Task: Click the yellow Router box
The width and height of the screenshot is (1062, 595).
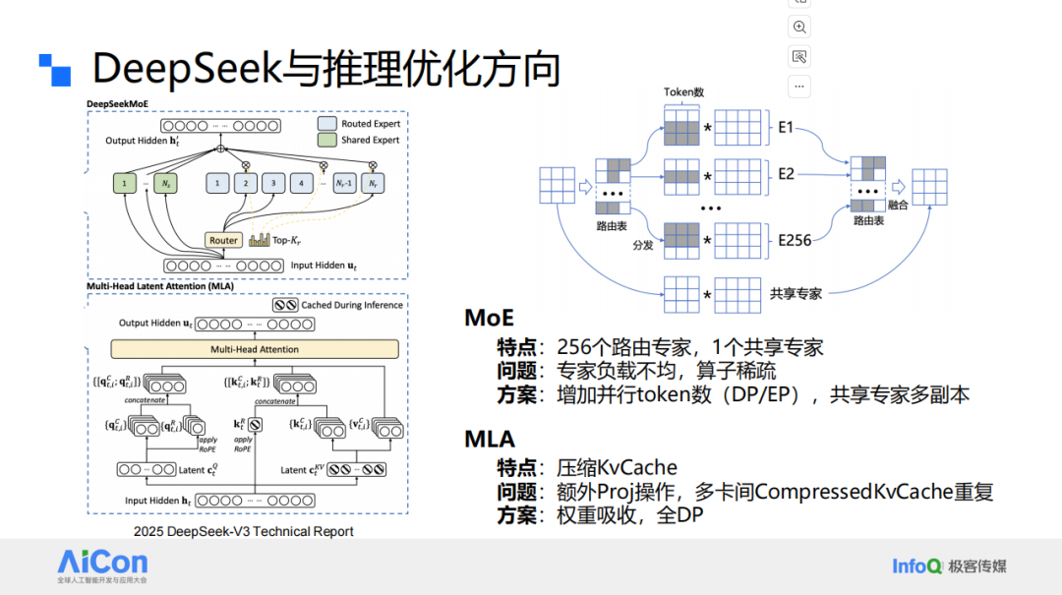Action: coord(223,240)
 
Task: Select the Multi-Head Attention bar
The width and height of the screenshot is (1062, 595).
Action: coord(255,349)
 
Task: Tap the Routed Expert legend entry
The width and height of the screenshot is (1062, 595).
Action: coord(360,125)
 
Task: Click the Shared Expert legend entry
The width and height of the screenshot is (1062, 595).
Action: coord(360,141)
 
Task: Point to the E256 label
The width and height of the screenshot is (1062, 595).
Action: coord(795,240)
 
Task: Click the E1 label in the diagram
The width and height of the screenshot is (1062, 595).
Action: coord(786,128)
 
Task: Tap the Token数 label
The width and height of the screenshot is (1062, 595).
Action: coord(683,92)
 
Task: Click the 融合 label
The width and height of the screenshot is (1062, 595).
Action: coord(898,206)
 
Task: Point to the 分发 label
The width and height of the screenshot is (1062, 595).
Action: coord(643,246)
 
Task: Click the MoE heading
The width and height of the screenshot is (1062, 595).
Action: coord(489,319)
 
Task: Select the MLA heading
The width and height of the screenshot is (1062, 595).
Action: coord(490,440)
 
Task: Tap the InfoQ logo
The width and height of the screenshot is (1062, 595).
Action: coord(916,565)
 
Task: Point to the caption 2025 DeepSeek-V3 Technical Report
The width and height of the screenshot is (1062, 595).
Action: coord(244,531)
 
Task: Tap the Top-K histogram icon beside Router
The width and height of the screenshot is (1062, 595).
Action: coord(260,239)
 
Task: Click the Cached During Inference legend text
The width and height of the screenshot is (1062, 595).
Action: coord(351,305)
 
